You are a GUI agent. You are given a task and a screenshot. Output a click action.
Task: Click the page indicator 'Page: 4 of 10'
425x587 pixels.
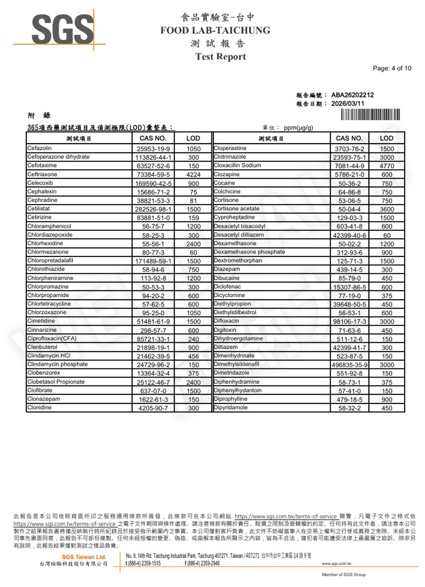coord(392,68)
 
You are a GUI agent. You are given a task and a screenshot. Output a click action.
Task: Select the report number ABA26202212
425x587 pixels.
coord(352,95)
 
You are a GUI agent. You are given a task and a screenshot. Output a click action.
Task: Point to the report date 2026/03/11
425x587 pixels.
coord(348,103)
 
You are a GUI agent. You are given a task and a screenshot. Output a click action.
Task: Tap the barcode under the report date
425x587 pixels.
coord(370,115)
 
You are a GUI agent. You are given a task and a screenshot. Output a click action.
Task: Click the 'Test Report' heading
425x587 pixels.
coord(221,57)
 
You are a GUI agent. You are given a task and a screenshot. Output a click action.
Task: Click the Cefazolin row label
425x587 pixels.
coord(40,148)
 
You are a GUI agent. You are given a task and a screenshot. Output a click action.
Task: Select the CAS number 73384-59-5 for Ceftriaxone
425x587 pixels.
coord(153,175)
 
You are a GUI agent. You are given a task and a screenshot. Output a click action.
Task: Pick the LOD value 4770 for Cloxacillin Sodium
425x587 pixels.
coord(387,166)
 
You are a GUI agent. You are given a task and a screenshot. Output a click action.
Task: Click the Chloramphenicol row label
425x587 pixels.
coord(49,226)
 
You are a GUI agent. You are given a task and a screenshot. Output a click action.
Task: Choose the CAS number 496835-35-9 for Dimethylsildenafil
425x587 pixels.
coord(349,365)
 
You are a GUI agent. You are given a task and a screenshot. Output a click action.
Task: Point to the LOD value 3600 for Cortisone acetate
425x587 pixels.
coord(387,209)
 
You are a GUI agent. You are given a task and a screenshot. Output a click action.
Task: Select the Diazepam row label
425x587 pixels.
coord(227,269)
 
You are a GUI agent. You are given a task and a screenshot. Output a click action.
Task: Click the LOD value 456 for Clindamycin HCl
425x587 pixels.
coord(193,356)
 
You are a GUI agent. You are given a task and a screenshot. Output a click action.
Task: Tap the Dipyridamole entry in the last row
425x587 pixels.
coord(231,407)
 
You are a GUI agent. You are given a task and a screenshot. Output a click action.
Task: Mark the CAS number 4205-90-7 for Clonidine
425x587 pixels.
coord(153,408)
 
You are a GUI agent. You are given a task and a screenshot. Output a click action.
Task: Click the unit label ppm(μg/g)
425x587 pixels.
coord(298,128)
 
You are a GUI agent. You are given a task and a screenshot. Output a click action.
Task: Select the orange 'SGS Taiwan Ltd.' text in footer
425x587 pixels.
coord(84,557)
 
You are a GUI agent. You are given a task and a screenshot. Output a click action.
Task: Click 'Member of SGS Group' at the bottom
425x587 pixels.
coord(343,575)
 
